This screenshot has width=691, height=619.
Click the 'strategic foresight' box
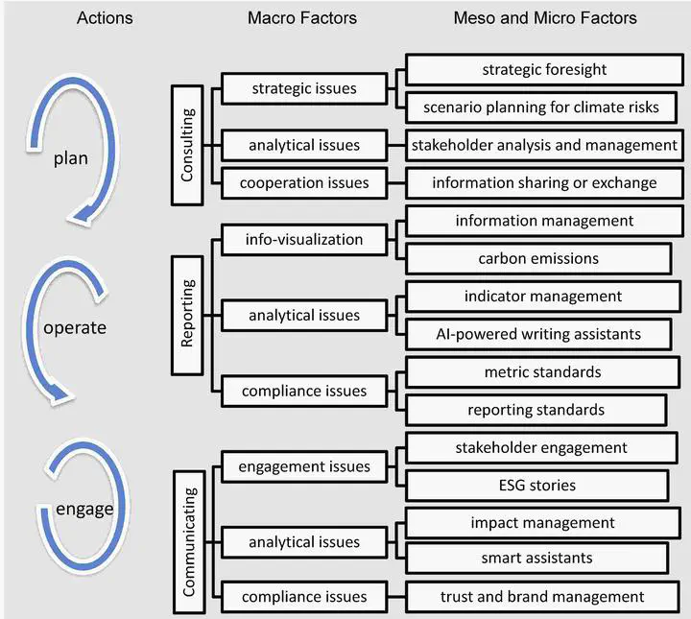[544, 70]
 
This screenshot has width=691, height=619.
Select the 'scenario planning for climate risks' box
[542, 107]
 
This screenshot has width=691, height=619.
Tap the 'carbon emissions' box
[538, 258]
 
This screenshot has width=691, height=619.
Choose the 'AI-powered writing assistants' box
[538, 334]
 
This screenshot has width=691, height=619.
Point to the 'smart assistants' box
[536, 558]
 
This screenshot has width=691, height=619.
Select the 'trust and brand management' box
[542, 596]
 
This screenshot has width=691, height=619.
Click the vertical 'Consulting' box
[188, 145]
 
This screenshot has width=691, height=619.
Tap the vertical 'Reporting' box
[188, 315]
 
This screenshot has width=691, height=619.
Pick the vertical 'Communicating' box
[188, 541]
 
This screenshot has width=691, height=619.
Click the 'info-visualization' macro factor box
[303, 239]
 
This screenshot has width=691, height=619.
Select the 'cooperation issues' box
[303, 182]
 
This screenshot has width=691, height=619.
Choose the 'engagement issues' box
[303, 466]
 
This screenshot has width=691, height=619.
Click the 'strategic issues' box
[303, 89]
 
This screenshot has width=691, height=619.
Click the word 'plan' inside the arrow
[71, 158]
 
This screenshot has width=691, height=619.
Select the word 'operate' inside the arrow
[74, 327]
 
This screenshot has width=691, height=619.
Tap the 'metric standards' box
[542, 371]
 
